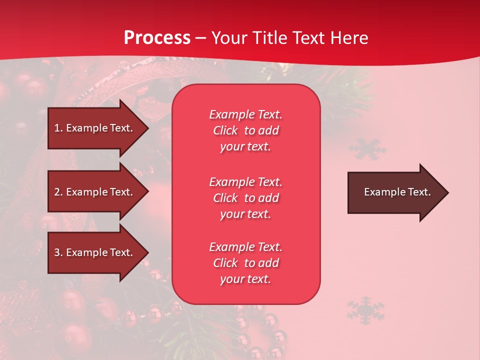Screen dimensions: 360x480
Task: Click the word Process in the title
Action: (x=157, y=38)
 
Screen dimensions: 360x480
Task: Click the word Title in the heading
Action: (x=270, y=38)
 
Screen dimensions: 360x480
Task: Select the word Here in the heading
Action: (x=349, y=38)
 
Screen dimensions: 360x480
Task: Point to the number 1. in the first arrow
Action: (x=58, y=128)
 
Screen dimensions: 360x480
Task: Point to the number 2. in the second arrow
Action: (x=58, y=192)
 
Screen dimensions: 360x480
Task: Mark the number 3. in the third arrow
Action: (x=58, y=252)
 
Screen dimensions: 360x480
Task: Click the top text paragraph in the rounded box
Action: (x=245, y=130)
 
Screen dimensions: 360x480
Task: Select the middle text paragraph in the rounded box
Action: (x=245, y=197)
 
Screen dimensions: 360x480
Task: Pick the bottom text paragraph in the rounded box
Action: (x=245, y=263)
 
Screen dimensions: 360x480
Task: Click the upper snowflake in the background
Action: (x=367, y=149)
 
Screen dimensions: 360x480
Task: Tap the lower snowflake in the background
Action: (x=365, y=310)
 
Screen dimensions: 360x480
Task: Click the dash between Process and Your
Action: (x=200, y=38)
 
